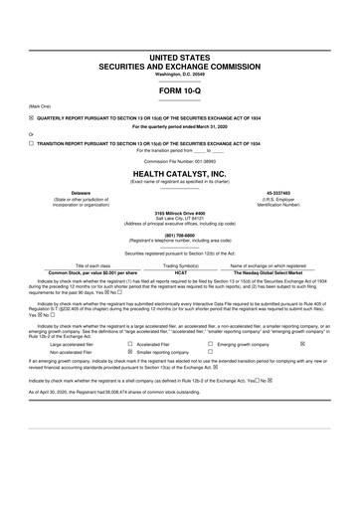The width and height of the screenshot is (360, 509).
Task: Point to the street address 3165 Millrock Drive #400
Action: pyautogui.click(x=180, y=214)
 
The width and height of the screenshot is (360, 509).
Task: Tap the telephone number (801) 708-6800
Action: pyautogui.click(x=180, y=235)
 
